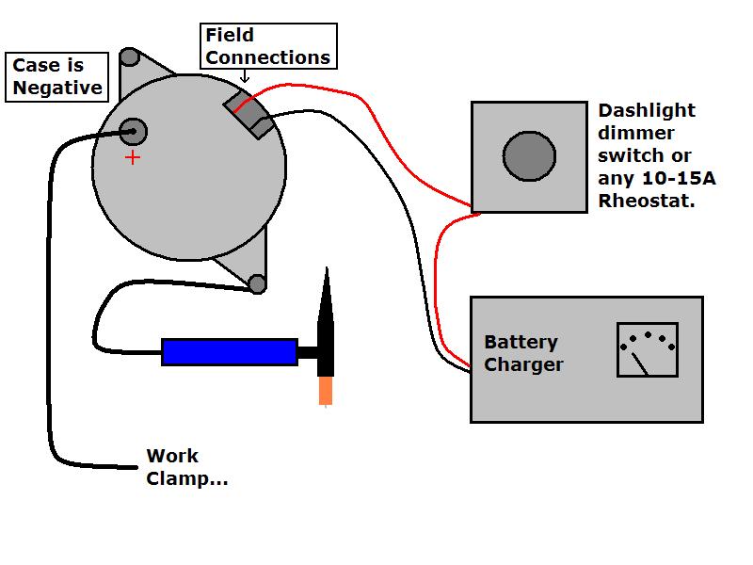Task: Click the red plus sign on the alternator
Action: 133,157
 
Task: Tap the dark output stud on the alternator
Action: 133,132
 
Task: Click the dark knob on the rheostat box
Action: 529,156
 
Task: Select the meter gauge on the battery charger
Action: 647,349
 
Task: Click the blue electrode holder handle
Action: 230,351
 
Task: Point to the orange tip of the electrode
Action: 326,390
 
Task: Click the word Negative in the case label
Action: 56,88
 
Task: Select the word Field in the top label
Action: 230,36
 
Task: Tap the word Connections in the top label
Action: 268,57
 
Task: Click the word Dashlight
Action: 646,111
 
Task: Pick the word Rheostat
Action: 646,200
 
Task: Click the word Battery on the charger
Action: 521,342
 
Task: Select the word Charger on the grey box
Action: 523,364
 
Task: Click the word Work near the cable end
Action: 172,457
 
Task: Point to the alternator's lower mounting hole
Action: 256,283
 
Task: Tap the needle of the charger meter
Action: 641,361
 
